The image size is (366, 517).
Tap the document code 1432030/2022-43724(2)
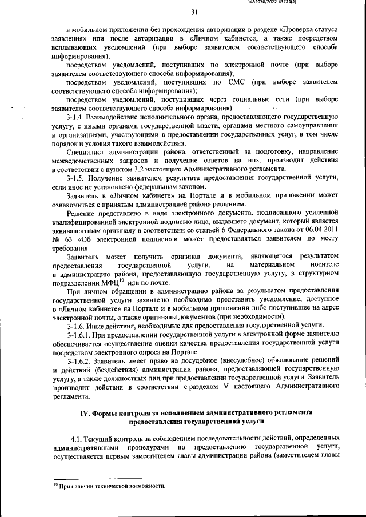click(327, 3)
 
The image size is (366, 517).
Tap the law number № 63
click(59, 239)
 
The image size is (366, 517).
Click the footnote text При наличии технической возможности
click(111, 486)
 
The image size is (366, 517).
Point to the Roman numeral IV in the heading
click(83, 412)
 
